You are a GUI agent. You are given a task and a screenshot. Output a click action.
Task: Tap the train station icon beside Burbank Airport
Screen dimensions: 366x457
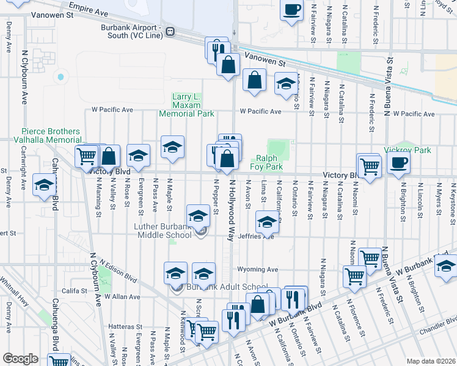(x=173, y=31)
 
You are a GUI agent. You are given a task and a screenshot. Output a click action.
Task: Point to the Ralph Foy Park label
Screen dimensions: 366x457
(x=266, y=161)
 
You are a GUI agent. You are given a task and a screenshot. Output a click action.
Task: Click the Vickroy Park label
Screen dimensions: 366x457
(x=408, y=150)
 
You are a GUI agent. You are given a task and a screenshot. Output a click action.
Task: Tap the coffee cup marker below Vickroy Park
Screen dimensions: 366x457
(x=398, y=163)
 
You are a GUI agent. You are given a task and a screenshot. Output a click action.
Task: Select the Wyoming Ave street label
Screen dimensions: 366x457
(x=258, y=270)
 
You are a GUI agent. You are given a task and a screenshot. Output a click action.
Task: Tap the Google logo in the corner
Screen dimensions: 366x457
(x=20, y=359)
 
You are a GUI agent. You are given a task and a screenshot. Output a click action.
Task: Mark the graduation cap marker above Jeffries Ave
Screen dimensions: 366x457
(x=266, y=221)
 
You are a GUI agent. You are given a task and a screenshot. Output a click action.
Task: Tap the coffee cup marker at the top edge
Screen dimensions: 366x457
(x=291, y=10)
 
